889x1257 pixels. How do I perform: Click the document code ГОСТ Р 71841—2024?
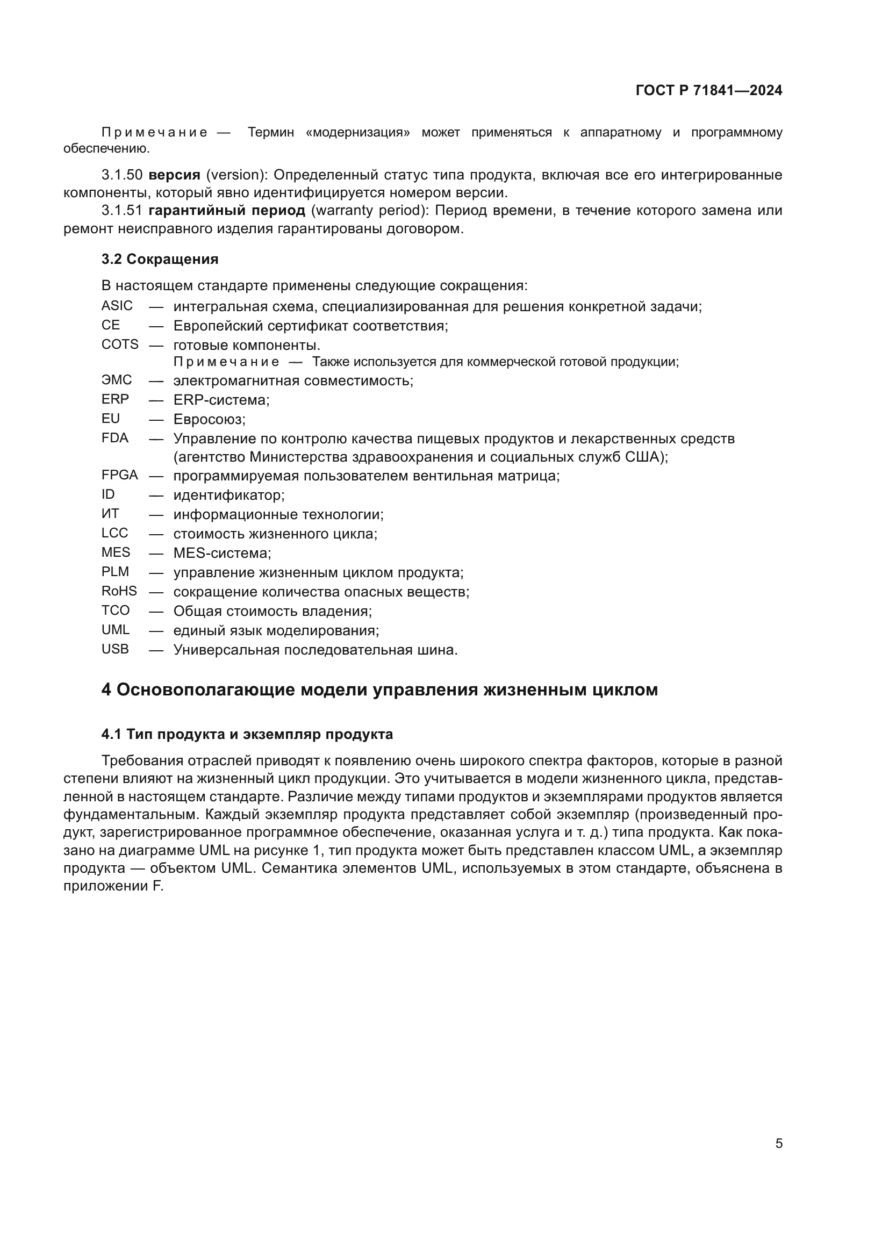pos(708,90)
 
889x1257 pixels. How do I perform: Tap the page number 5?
pos(778,1143)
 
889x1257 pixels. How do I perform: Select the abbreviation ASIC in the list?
pos(117,305)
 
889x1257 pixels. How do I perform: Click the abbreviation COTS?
pos(119,344)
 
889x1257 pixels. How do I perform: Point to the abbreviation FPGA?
pos(119,475)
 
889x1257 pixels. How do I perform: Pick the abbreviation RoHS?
pos(119,591)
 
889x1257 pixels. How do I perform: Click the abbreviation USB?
pos(115,649)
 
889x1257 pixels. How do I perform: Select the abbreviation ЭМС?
pos(117,380)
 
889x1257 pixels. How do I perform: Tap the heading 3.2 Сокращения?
pos(159,259)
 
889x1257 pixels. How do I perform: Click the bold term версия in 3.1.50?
pos(174,175)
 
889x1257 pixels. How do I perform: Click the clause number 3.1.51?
pos(121,210)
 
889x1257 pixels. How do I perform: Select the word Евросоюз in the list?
pos(209,419)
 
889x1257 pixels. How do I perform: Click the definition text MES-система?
pos(221,553)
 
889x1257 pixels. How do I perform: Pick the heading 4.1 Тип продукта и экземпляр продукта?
pos(247,734)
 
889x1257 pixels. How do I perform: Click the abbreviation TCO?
pos(116,610)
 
